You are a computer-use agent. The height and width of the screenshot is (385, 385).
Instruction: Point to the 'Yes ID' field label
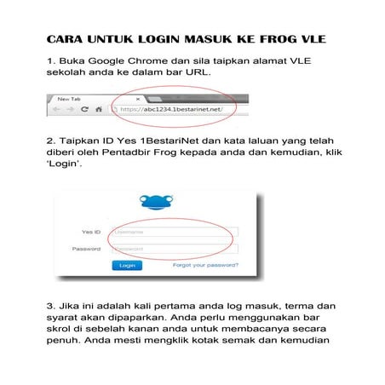coord(89,231)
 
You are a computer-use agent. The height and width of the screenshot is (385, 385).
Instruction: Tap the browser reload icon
coord(85,110)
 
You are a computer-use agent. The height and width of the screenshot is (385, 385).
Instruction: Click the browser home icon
coord(99,110)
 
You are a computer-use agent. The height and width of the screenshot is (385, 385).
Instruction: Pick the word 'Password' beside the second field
coord(87,249)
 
